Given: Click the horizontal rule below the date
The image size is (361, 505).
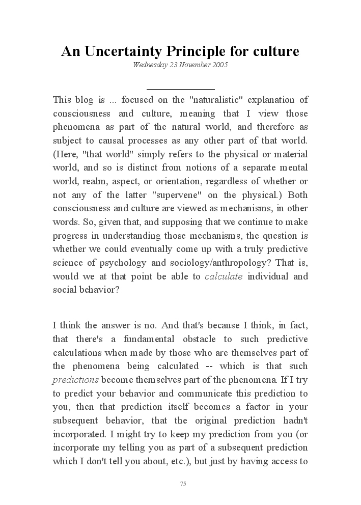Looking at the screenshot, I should pyautogui.click(x=180, y=89).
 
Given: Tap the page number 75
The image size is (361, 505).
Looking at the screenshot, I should pyautogui.click(x=183, y=484).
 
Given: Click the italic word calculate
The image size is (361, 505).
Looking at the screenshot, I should pyautogui.click(x=224, y=277).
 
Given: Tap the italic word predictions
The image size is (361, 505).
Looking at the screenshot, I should pyautogui.click(x=76, y=380).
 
